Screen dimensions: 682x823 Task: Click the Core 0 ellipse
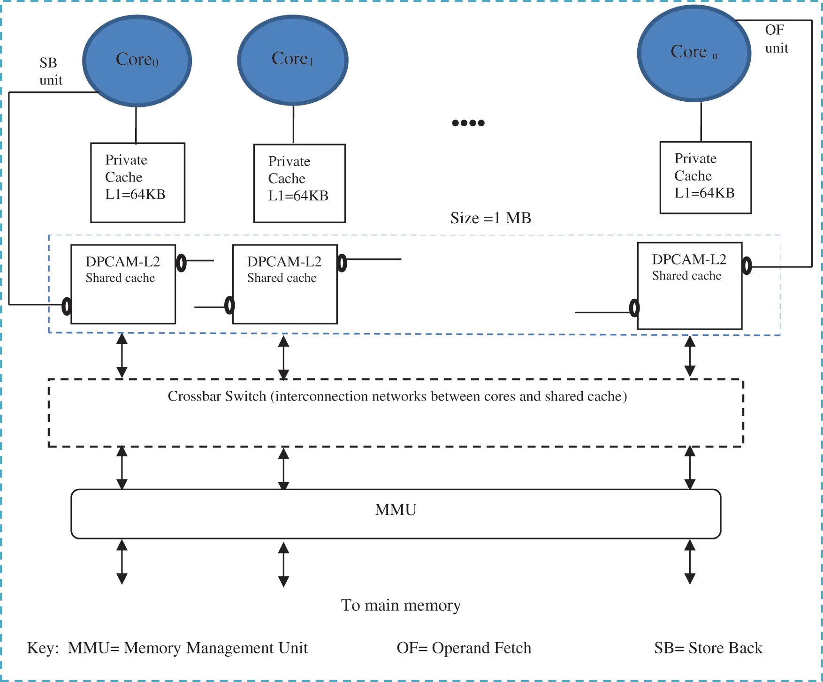(137, 61)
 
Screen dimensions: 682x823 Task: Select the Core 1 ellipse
(293, 60)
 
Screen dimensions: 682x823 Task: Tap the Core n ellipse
(694, 53)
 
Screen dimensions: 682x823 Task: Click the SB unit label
(50, 71)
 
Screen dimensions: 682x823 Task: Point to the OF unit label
(776, 39)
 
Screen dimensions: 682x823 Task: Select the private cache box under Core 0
(137, 182)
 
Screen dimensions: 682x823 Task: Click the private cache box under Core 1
(299, 183)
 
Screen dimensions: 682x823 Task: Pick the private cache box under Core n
(705, 177)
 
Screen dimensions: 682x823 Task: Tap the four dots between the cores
(468, 123)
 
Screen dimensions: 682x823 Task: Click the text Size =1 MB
(490, 218)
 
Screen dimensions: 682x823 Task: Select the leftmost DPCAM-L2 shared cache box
(123, 284)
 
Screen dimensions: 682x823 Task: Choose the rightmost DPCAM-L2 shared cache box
(689, 286)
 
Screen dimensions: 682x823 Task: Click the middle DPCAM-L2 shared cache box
(285, 284)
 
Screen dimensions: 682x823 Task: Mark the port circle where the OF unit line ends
(747, 266)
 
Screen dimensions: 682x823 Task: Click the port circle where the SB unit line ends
(67, 306)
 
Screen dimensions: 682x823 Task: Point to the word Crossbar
(194, 396)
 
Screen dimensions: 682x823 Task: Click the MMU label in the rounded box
(396, 510)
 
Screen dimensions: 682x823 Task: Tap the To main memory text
(401, 606)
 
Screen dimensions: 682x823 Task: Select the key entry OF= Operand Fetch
(464, 648)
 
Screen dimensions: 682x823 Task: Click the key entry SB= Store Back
(708, 648)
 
